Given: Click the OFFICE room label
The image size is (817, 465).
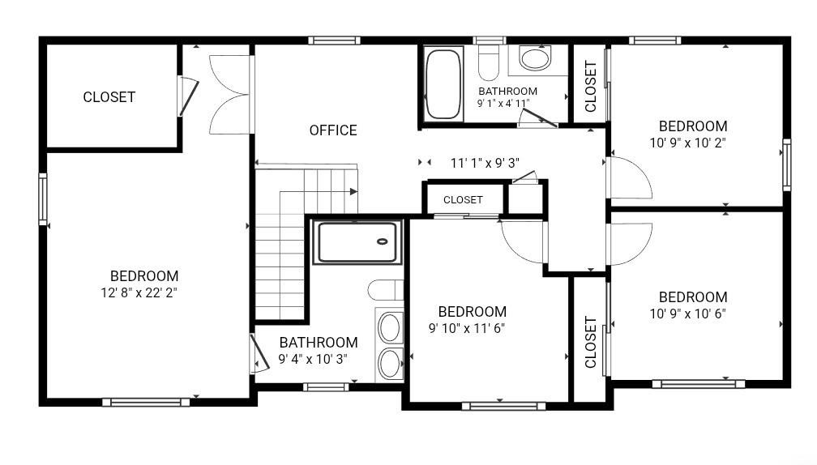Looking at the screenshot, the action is (333, 130).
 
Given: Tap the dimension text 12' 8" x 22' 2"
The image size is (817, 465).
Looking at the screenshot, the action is (139, 292).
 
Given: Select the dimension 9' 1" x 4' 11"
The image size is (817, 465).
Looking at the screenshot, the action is (503, 103).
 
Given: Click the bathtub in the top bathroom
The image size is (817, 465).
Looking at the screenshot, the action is (443, 84).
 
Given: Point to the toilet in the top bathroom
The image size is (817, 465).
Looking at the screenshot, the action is (489, 61).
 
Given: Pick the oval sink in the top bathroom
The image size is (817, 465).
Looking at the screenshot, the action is (535, 59).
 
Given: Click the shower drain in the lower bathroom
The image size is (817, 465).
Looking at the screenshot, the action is (383, 241).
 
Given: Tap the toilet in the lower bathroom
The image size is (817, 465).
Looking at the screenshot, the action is (385, 290).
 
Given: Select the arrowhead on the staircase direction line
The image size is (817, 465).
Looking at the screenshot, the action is (353, 192).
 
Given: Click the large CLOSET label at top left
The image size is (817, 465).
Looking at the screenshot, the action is (109, 97).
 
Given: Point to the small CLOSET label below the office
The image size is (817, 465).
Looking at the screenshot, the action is (463, 199).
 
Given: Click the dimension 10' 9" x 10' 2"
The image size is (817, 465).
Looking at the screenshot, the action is (688, 143).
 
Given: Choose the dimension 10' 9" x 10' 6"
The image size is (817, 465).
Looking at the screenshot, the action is (688, 314).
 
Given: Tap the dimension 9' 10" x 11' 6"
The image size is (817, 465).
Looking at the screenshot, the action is (467, 328).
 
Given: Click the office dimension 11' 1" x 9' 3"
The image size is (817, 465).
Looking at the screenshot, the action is (485, 163).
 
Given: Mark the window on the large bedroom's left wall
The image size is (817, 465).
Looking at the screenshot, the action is (43, 199).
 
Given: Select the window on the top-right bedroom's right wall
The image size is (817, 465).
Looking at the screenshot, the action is (787, 164).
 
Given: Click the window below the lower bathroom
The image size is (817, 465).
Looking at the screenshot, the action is (326, 387).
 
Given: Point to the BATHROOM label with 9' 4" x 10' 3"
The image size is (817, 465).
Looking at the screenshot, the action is (319, 343).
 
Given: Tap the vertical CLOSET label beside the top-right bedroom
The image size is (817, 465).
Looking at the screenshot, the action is (590, 87).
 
